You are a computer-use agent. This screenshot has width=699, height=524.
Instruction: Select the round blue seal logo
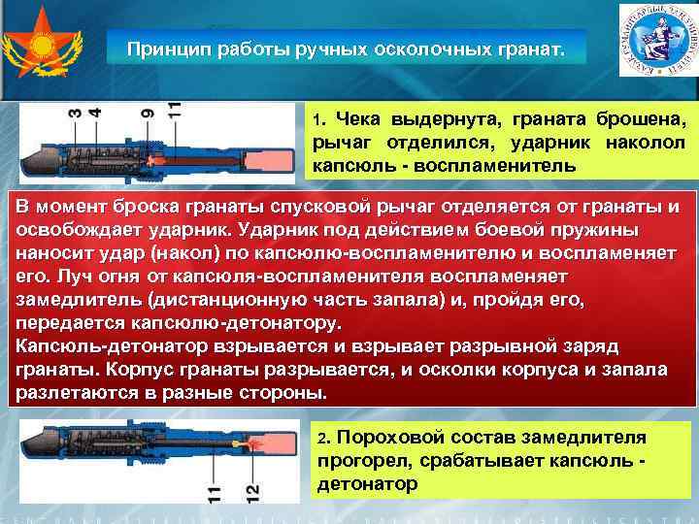[x=655, y=41]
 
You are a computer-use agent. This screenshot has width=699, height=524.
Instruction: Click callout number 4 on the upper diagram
[x=94, y=115]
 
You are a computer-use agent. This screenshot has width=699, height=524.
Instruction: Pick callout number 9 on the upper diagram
[x=148, y=115]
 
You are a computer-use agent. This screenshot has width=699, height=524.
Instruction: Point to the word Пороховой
[x=389, y=439]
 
